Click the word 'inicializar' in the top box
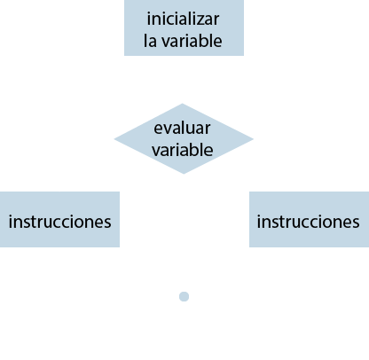click(x=183, y=19)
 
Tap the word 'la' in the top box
click(x=151, y=40)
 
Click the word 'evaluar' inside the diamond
click(x=183, y=128)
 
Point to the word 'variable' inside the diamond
click(x=183, y=149)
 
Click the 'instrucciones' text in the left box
click(x=59, y=221)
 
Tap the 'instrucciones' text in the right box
click(x=308, y=221)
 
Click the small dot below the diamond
click(x=184, y=296)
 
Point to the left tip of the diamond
click(x=114, y=138)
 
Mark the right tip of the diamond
click(x=254, y=138)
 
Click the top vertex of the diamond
click(x=184, y=103)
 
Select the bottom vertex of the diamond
click(x=184, y=174)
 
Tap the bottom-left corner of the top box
click(x=124, y=55)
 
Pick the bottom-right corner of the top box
click(x=243, y=55)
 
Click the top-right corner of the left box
click(x=119, y=192)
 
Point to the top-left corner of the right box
click(x=250, y=192)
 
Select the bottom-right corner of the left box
click(x=119, y=246)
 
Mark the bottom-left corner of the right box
click(x=250, y=246)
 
